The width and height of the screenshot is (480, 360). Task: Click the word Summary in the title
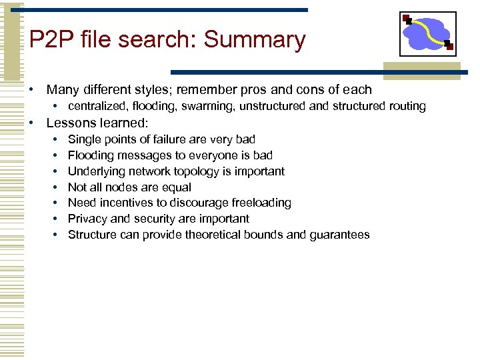(255, 40)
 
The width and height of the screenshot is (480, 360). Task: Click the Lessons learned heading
(96, 123)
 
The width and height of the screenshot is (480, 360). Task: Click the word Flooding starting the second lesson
(90, 155)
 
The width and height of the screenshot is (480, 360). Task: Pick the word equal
(176, 187)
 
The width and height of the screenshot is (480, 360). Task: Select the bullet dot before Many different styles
(31, 90)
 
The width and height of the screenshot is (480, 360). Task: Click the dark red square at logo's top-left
(406, 18)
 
